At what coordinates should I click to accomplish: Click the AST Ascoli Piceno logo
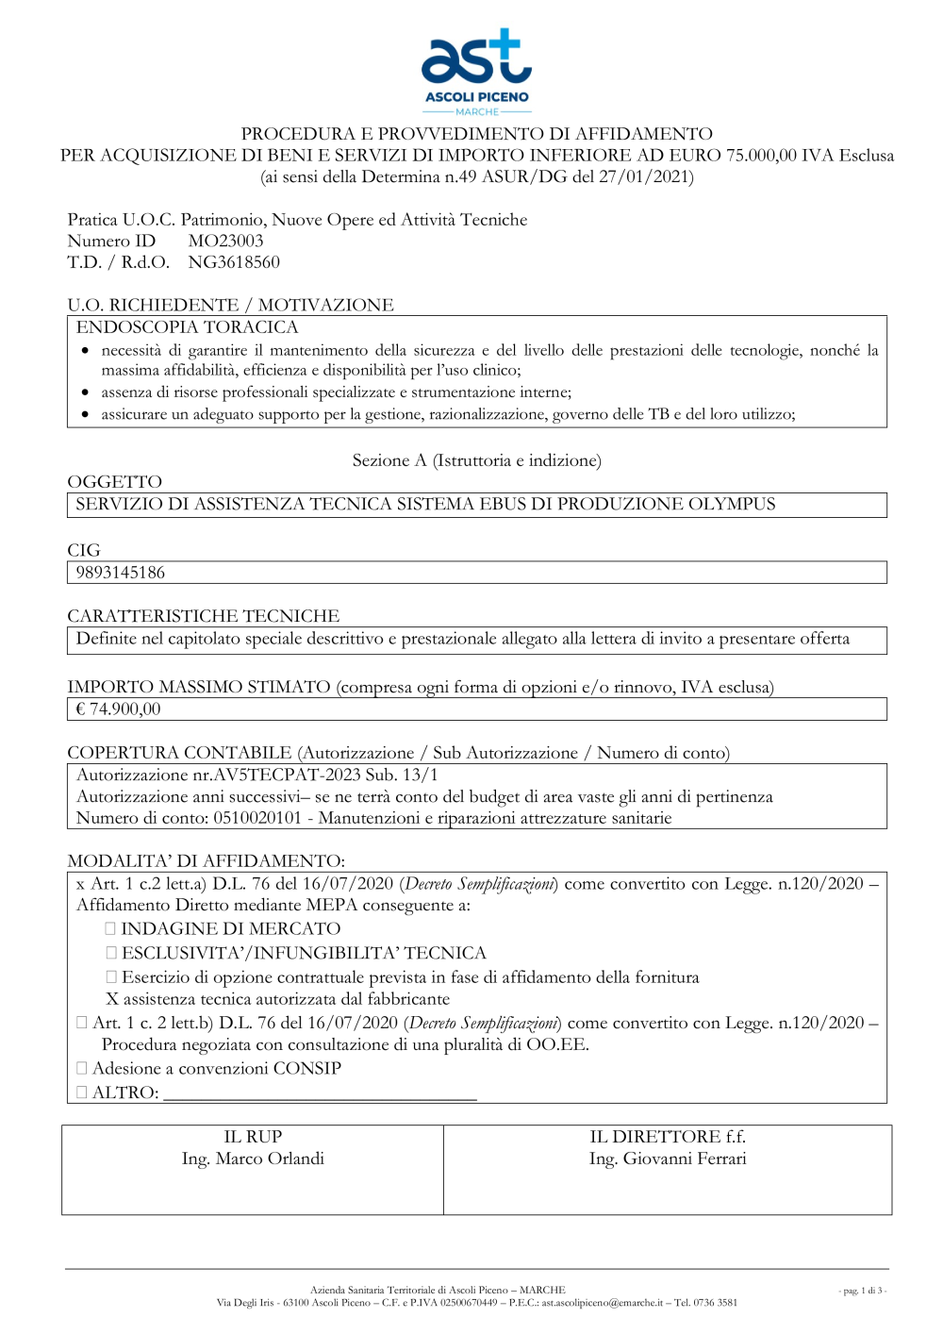point(476,71)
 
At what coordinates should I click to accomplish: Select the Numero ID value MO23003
point(225,242)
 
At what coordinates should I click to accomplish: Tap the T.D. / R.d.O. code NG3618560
point(234,262)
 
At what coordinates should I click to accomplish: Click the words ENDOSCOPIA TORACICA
point(187,327)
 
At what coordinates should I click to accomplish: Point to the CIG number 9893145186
point(120,573)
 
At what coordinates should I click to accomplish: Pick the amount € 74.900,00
point(118,709)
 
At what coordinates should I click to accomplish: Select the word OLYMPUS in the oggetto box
point(731,505)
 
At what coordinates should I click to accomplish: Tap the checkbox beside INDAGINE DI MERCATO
point(110,929)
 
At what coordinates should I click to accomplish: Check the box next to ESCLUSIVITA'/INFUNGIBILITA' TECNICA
point(110,953)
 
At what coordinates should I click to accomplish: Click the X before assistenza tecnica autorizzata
point(112,999)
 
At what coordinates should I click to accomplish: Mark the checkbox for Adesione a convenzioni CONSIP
point(82,1068)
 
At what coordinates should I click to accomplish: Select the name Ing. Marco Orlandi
point(253,1159)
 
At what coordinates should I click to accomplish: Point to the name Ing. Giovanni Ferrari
point(668,1159)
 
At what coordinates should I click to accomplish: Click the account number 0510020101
point(256,818)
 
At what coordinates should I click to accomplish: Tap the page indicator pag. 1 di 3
point(862,1291)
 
